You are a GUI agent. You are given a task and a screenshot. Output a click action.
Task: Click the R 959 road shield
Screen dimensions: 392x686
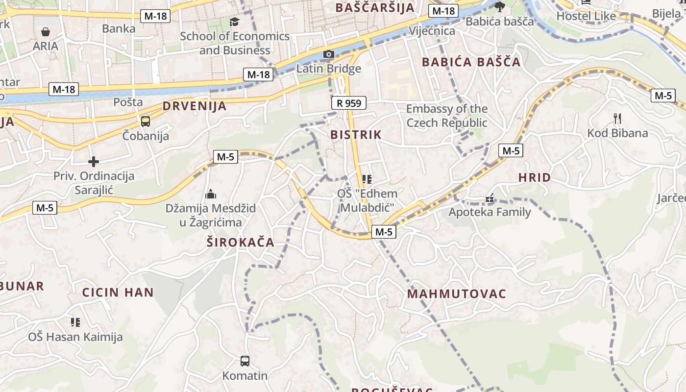pyautogui.click(x=349, y=103)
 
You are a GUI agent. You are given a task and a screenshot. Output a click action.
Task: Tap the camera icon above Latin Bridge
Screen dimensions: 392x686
pyautogui.click(x=328, y=54)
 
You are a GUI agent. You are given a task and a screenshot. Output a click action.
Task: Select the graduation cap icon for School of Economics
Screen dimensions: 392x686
pyautogui.click(x=235, y=22)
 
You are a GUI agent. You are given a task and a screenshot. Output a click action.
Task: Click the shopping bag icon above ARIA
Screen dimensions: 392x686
pyautogui.click(x=46, y=32)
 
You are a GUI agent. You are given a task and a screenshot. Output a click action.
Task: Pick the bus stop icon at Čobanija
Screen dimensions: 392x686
pyautogui.click(x=146, y=122)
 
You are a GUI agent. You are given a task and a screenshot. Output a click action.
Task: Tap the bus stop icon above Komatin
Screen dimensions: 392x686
pyautogui.click(x=245, y=361)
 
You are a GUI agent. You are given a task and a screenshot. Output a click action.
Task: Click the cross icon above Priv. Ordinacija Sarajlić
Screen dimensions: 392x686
pyautogui.click(x=94, y=162)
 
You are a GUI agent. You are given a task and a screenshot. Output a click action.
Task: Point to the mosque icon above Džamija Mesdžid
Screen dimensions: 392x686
pyautogui.click(x=211, y=194)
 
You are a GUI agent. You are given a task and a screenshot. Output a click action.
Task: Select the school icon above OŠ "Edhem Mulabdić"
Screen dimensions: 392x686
pyautogui.click(x=367, y=179)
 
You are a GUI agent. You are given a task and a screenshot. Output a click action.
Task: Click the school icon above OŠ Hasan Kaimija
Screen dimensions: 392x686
pyautogui.click(x=75, y=322)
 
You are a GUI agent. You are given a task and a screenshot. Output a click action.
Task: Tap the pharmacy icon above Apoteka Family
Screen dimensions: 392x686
pyautogui.click(x=489, y=198)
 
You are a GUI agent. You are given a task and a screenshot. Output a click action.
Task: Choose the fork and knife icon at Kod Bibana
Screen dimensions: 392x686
pyautogui.click(x=617, y=118)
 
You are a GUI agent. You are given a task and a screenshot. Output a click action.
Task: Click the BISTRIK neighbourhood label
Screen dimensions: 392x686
pyautogui.click(x=356, y=135)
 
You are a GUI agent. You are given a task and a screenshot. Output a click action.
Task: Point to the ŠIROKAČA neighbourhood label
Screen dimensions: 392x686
pyautogui.click(x=240, y=243)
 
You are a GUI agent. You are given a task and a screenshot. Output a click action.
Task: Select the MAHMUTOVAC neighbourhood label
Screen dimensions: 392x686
pyautogui.click(x=457, y=294)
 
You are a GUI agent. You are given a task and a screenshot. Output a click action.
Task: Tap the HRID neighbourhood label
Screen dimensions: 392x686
pyautogui.click(x=535, y=178)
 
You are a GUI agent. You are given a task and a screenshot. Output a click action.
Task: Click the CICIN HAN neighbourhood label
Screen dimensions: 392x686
pyautogui.click(x=118, y=293)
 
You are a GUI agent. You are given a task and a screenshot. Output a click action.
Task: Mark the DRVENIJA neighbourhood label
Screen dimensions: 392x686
pyautogui.click(x=195, y=106)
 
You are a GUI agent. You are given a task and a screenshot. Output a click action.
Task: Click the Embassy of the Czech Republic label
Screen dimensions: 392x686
pyautogui.click(x=447, y=116)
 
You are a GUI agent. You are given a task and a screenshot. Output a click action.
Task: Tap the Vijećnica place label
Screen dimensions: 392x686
pyautogui.click(x=432, y=31)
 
